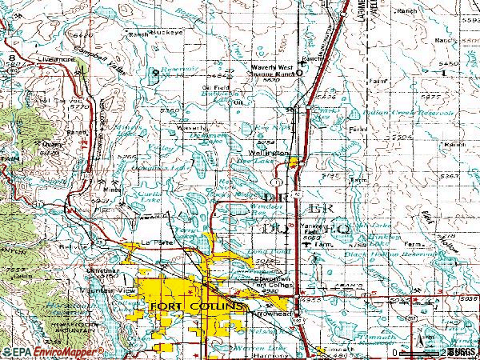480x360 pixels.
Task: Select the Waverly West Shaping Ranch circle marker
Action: (x=299, y=74)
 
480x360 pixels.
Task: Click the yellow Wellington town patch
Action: (x=294, y=163)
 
